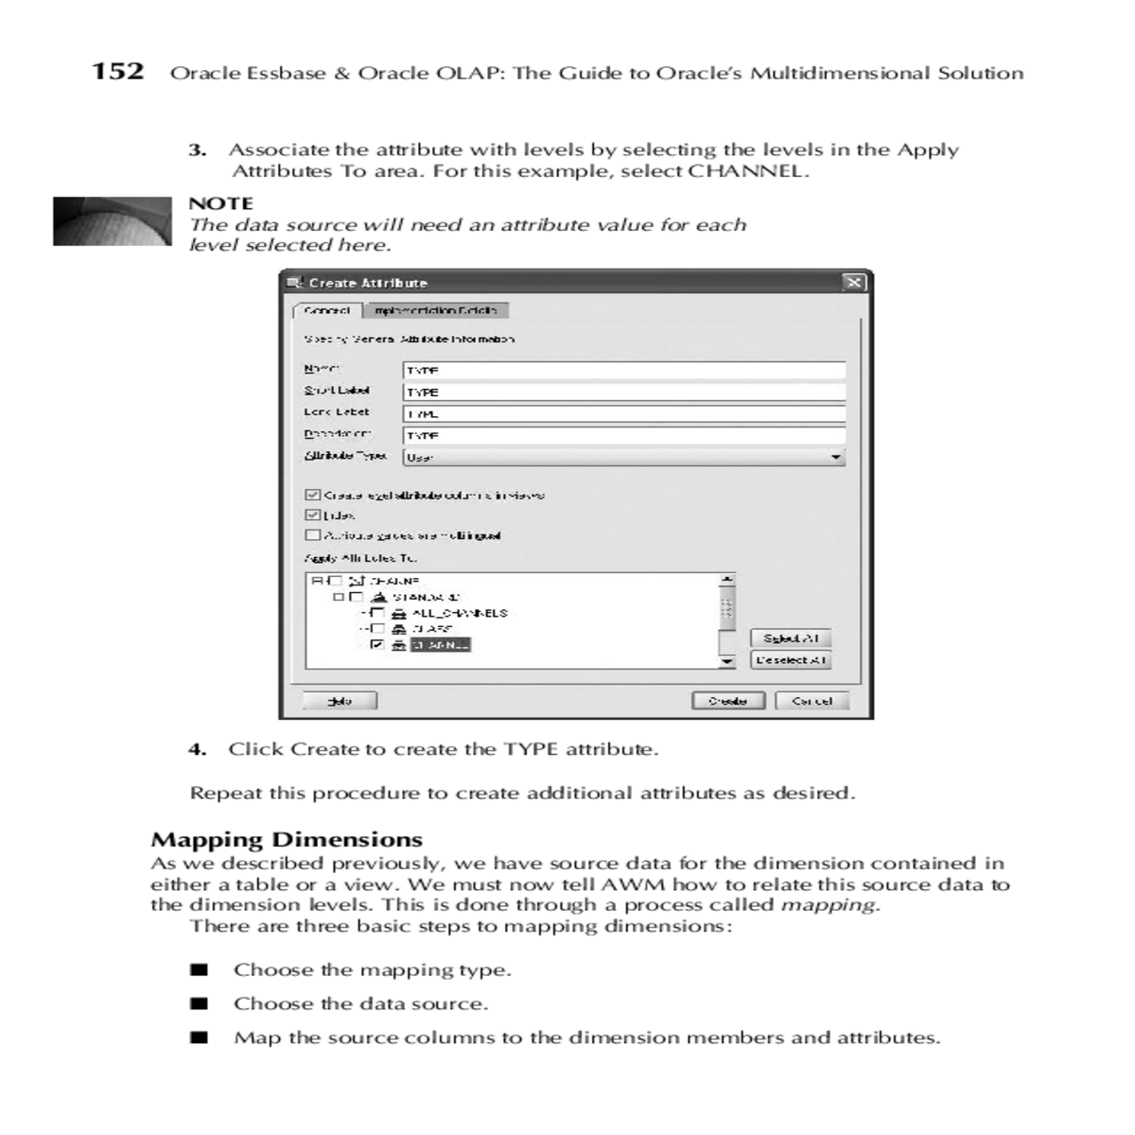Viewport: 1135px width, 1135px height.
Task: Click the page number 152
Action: point(118,72)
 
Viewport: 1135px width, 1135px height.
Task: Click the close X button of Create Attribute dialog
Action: point(853,283)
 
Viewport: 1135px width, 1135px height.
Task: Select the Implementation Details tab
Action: point(436,310)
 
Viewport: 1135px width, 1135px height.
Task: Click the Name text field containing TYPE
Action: point(623,371)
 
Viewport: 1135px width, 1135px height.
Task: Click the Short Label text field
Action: point(623,392)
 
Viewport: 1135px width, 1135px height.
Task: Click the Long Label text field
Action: point(623,413)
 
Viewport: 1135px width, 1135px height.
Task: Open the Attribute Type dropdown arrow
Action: point(835,458)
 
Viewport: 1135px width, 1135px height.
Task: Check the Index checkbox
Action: point(312,515)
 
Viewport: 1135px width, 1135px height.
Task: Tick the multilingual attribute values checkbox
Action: point(312,535)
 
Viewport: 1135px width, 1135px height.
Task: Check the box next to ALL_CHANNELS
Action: point(377,613)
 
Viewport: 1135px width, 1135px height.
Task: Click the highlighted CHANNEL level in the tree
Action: point(440,645)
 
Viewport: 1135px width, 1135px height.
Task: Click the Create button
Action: point(727,701)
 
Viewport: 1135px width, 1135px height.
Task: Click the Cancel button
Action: point(812,701)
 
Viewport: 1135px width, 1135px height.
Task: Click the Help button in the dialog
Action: point(340,701)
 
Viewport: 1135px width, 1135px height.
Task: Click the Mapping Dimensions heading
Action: point(287,840)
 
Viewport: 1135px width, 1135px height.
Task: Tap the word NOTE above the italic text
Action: point(220,203)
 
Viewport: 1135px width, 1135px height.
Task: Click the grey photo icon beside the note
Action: point(112,221)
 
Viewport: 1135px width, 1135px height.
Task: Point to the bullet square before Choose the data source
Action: point(199,1004)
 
